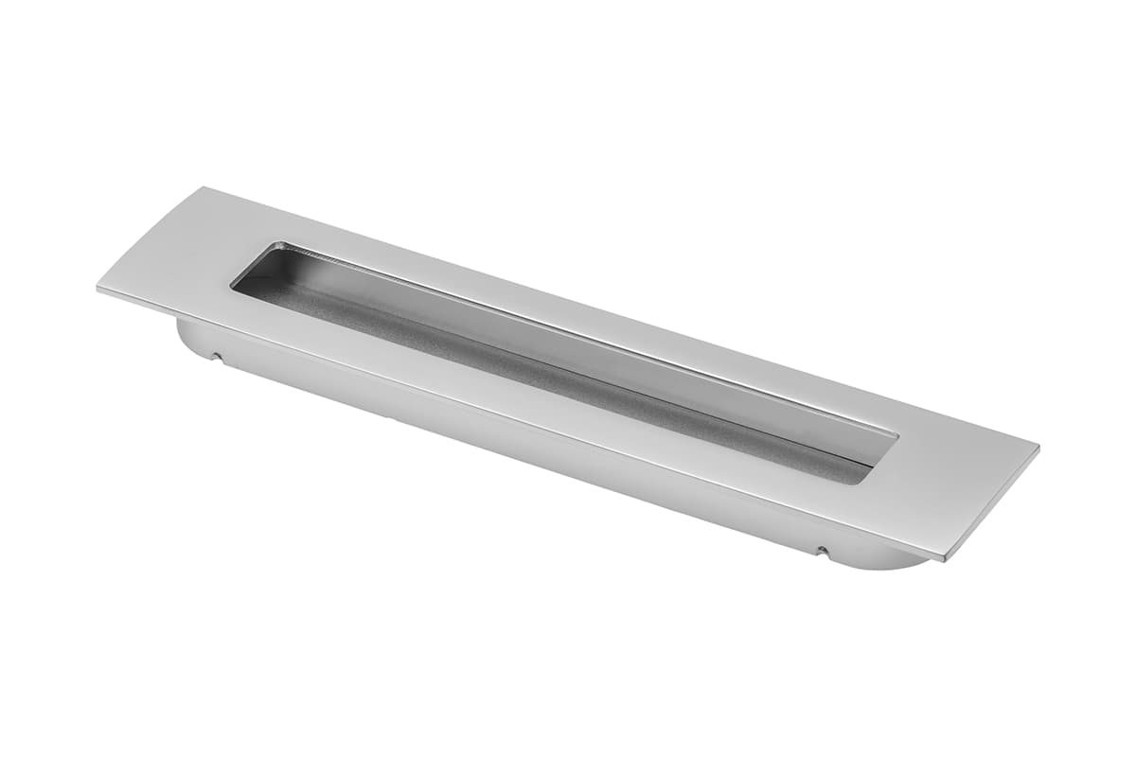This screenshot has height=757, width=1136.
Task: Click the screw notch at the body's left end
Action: (x=217, y=358)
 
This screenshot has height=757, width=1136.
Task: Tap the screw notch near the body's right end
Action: (x=822, y=550)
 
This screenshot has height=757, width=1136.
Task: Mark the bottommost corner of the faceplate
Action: (x=944, y=560)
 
